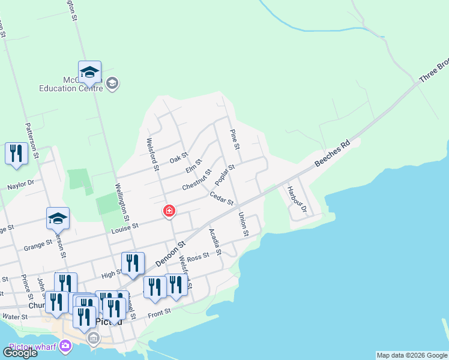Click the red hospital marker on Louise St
pos(169,211)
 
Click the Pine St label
pos(235,139)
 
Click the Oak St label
pos(179,158)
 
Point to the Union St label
pos(243,224)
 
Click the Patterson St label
pos(31,140)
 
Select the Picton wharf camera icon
pos(65,347)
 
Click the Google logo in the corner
pos(20,352)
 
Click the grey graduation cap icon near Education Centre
pos(112,83)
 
